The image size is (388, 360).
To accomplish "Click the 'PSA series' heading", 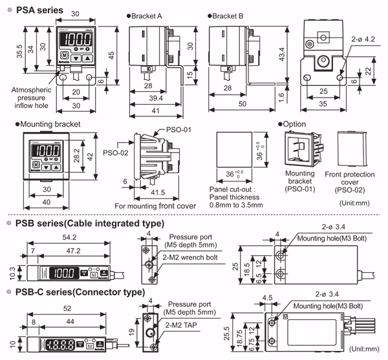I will point(38,10).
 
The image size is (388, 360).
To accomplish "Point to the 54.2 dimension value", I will point(62,238).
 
